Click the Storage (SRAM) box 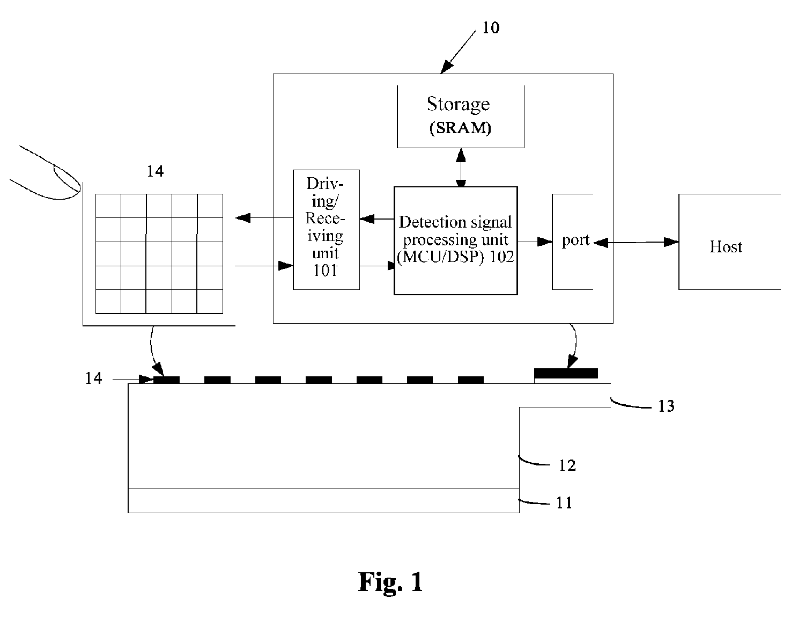pos(461,116)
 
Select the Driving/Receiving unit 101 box pos(326,230)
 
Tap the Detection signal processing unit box pos(456,241)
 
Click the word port pos(575,240)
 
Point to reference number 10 pos(491,28)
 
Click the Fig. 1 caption pos(390,582)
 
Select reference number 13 pos(666,406)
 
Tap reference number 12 pos(567,465)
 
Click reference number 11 pos(564,503)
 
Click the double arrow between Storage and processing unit pos(461,167)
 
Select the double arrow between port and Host pos(636,243)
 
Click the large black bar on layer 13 pos(566,373)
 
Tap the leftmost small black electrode pos(166,380)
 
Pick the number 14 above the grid pos(156,171)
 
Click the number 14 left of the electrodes pos(93,378)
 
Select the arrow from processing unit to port pos(535,242)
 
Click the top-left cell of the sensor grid pos(108,206)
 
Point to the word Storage pos(459,104)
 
